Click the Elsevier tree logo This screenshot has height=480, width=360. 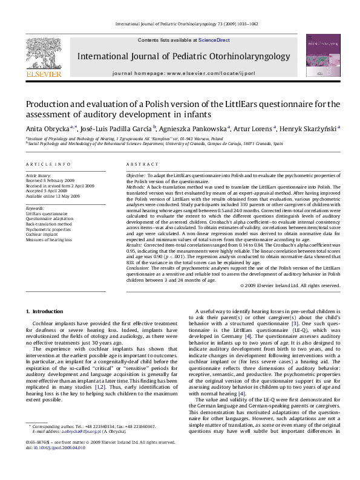pyautogui.click(x=44, y=54)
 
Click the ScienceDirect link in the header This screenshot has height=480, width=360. pyautogui.click(x=214, y=40)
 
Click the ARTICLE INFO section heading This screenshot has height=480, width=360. pyautogui.click(x=45, y=164)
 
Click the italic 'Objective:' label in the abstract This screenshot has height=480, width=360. pyautogui.click(x=136, y=175)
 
